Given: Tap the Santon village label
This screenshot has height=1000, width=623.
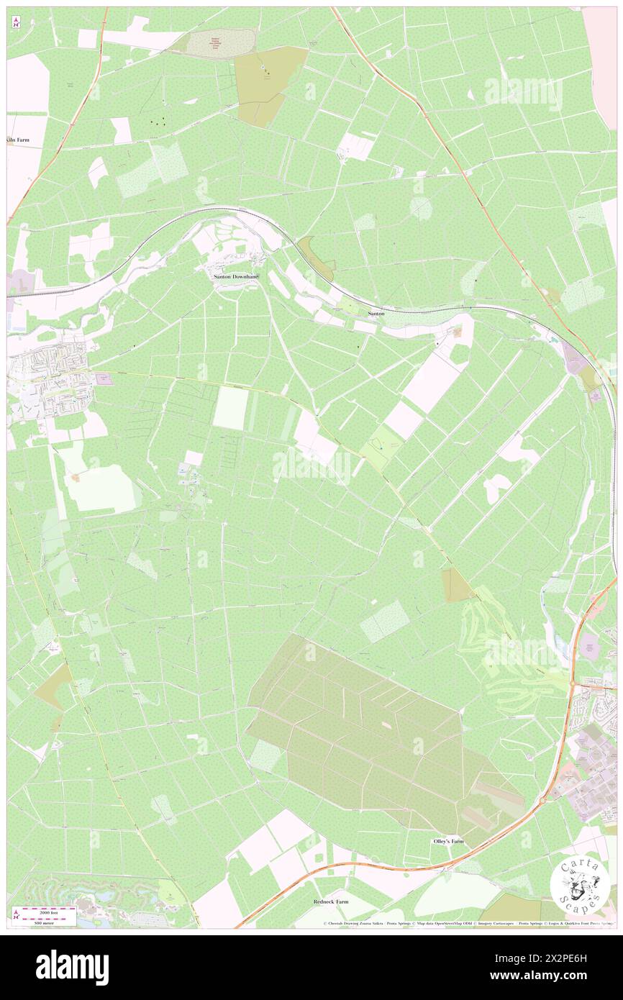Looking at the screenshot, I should coord(376,314).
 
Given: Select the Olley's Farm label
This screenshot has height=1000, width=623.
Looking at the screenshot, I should coord(448,841).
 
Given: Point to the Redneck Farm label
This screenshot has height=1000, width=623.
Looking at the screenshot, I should coord(331,901).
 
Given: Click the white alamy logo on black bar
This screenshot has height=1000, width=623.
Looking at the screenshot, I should coord(72,966).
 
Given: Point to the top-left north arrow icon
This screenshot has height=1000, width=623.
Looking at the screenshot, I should coord(16,22).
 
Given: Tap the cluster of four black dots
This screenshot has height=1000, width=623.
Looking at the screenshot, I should coord(158,122).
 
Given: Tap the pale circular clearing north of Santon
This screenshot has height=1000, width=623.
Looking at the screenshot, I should coord(421,208).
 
